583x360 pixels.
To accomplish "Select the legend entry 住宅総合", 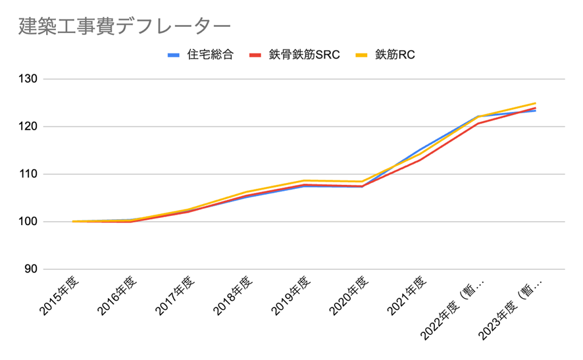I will pyautogui.click(x=210, y=55).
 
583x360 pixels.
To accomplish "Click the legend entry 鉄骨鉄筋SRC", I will pyautogui.click(x=304, y=55).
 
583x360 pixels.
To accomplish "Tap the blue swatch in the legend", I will pyautogui.click(x=174, y=55).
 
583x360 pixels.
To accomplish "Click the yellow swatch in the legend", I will pyautogui.click(x=363, y=55).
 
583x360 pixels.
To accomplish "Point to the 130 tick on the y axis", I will pyautogui.click(x=30, y=79).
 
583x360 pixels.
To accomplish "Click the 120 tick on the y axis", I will pyautogui.click(x=30, y=126).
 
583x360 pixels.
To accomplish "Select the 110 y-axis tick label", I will pyautogui.click(x=30, y=174).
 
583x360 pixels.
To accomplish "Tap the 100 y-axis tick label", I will pyautogui.click(x=30, y=222).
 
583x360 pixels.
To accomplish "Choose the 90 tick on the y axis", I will pyautogui.click(x=33, y=269).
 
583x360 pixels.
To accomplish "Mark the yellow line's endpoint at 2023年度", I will pyautogui.click(x=536, y=103).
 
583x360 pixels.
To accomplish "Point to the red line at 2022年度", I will pyautogui.click(x=477, y=124).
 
